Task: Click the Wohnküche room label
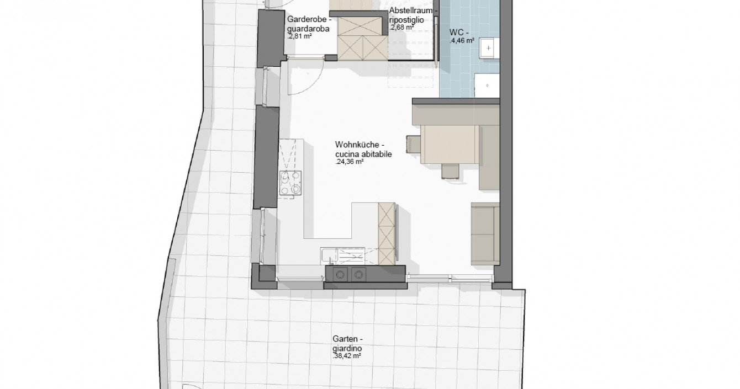tap(357, 145)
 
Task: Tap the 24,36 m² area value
tap(350, 162)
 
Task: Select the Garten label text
tap(345, 339)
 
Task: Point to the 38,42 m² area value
tap(347, 356)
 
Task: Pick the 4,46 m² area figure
tap(462, 41)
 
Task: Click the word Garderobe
tap(306, 19)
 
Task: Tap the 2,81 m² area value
tap(300, 36)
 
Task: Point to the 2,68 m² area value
tap(402, 28)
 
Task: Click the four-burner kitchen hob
tap(290, 183)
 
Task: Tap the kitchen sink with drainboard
tap(342, 257)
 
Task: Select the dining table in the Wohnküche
tap(450, 145)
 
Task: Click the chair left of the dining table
tap(413, 145)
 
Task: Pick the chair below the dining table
tap(450, 171)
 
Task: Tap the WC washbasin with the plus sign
tap(489, 48)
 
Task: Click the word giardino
tap(347, 348)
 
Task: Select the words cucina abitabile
tap(363, 154)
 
